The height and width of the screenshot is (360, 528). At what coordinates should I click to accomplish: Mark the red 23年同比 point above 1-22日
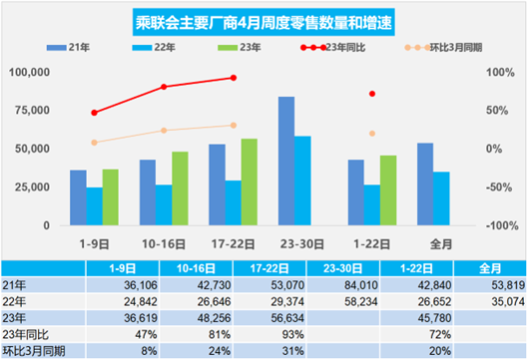(372, 94)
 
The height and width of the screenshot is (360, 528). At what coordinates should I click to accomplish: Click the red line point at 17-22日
(234, 78)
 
